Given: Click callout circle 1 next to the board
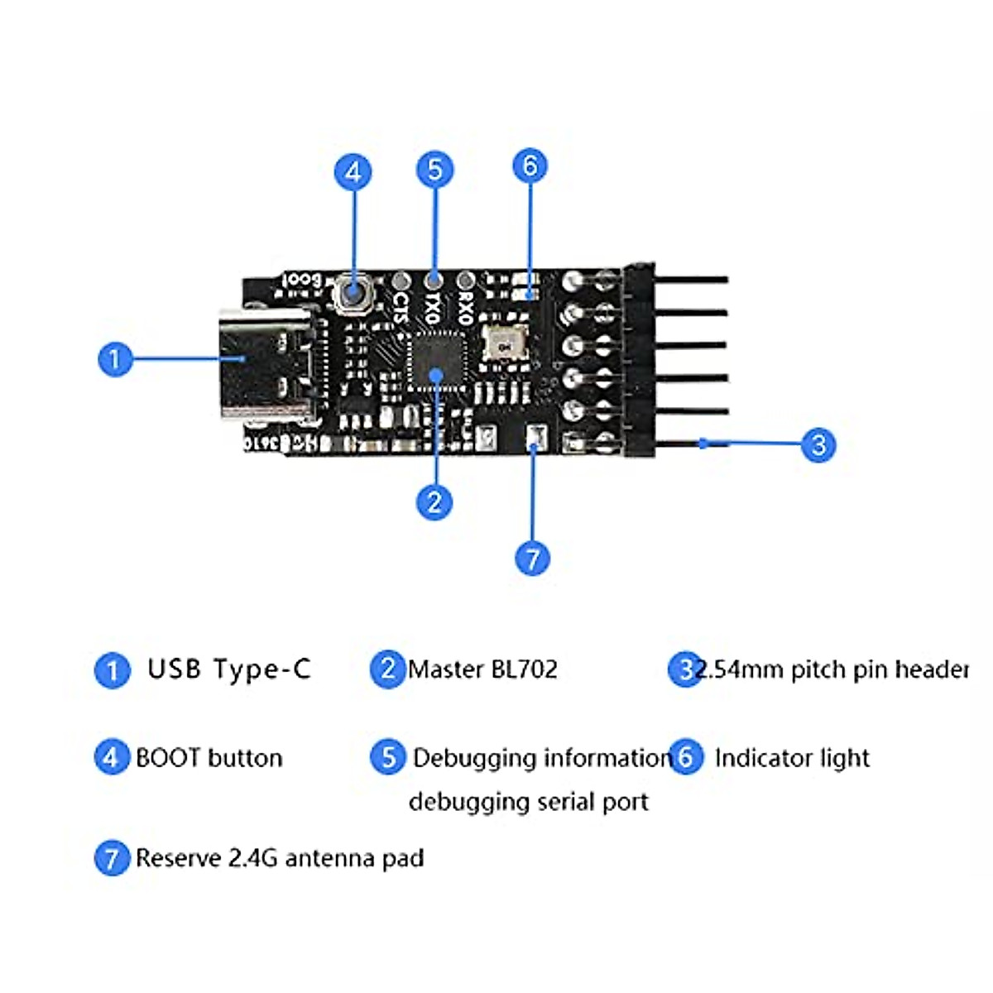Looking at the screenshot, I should click(x=114, y=359).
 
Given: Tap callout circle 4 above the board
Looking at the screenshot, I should click(x=353, y=172).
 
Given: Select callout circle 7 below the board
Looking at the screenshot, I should click(x=532, y=558).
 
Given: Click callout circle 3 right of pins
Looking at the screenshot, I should click(x=818, y=444).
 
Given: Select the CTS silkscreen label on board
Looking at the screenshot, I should click(x=401, y=307).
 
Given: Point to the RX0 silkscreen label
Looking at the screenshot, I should click(x=465, y=307).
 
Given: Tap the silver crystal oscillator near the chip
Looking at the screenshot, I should click(x=502, y=340).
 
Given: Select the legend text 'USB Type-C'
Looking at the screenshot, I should click(x=228, y=669).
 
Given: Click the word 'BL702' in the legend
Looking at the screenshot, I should click(x=525, y=669).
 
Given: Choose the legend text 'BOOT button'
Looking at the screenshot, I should click(x=209, y=758).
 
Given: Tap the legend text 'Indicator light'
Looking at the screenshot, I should click(x=792, y=758).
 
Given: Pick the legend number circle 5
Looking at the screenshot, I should click(x=388, y=757).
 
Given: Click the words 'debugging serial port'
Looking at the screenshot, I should click(x=528, y=802).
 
